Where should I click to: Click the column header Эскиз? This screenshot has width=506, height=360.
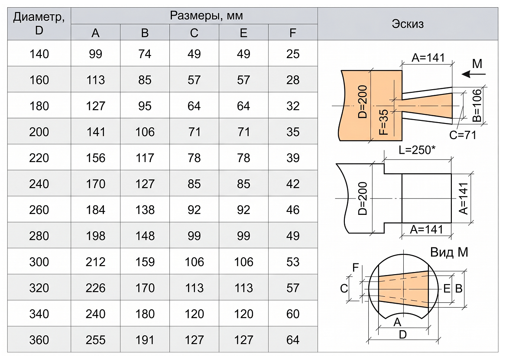(408, 24)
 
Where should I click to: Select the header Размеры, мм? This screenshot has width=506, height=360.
(206, 16)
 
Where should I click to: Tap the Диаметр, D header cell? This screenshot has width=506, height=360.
(39, 23)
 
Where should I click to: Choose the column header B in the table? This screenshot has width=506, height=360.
(145, 33)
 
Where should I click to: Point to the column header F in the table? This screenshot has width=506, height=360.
(293, 33)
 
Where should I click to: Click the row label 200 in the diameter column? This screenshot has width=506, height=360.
(39, 132)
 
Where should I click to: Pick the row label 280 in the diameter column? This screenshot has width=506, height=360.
(39, 236)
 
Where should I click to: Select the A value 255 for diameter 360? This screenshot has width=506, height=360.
(95, 340)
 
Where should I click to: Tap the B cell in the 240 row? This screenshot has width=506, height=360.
(145, 184)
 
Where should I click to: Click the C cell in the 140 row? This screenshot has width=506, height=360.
(194, 54)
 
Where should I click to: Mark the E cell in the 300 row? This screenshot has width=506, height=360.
(243, 262)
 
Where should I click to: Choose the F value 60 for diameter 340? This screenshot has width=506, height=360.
(293, 314)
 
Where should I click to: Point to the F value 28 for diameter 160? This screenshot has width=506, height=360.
(293, 80)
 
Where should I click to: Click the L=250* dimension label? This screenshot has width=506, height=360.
(417, 150)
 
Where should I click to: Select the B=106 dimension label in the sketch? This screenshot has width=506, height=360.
(477, 105)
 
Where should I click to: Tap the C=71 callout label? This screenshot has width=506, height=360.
(463, 135)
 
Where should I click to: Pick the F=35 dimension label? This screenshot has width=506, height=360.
(384, 122)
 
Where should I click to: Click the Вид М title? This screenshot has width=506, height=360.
(449, 252)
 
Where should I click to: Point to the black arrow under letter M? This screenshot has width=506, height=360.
(474, 74)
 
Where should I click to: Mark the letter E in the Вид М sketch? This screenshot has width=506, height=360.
(447, 289)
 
